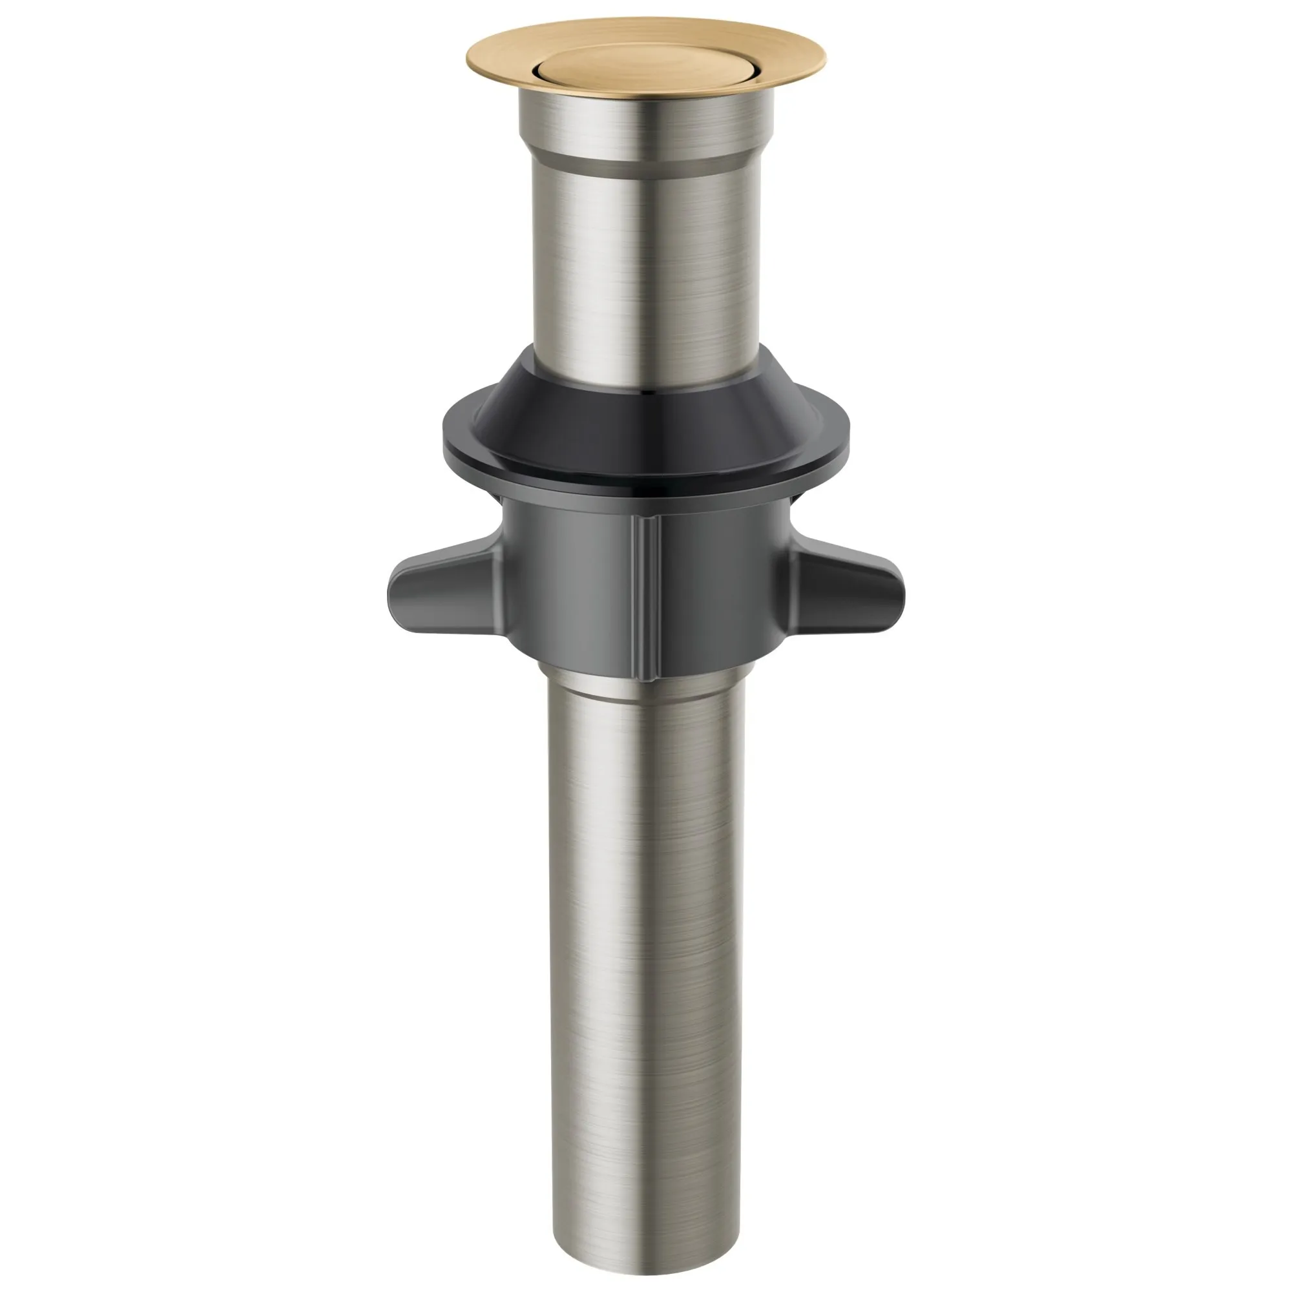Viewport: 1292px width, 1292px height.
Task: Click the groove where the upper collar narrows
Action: click(646, 160)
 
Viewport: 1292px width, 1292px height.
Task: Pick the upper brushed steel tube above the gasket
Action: click(646, 267)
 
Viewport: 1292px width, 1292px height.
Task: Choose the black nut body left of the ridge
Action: click(575, 589)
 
